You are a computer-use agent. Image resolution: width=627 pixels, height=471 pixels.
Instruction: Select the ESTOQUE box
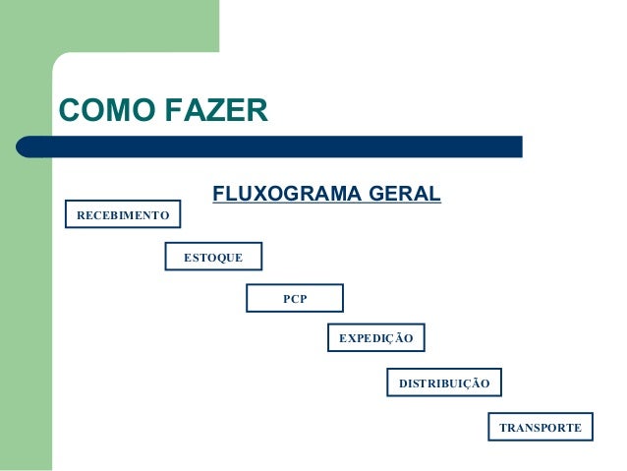[x=213, y=257]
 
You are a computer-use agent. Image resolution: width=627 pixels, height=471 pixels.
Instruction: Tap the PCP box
[x=295, y=298]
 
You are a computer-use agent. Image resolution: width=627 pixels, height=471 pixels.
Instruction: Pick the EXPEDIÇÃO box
[x=375, y=338]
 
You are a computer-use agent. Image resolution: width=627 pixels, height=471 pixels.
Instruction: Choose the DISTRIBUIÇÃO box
[x=444, y=382]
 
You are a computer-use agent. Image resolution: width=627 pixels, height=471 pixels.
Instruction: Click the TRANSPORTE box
[x=540, y=428]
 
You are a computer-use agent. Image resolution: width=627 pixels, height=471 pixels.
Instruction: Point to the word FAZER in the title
[x=215, y=109]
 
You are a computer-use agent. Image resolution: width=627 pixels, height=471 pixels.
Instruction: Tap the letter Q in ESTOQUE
[x=222, y=258]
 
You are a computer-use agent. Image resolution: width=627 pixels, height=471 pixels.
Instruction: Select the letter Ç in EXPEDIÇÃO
[x=393, y=339]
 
